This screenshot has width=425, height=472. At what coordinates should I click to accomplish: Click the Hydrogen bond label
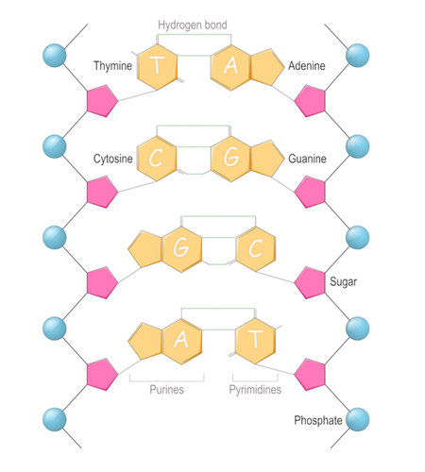point(193,24)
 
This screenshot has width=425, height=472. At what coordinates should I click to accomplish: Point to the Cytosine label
point(111,159)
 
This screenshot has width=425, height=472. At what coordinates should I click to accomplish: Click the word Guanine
point(308,159)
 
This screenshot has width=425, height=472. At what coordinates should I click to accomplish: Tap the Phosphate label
point(317,420)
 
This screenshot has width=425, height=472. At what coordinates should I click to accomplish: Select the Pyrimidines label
point(255,388)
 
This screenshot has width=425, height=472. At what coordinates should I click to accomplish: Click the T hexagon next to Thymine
point(157,66)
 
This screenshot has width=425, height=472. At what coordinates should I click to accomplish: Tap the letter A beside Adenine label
point(230,66)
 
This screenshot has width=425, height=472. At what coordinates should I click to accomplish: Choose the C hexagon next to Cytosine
point(157,158)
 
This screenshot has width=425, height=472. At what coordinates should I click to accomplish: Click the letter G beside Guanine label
point(230,158)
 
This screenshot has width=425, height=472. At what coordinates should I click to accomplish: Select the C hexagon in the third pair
point(255,249)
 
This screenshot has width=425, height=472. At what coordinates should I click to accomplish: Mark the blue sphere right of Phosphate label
point(358,418)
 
